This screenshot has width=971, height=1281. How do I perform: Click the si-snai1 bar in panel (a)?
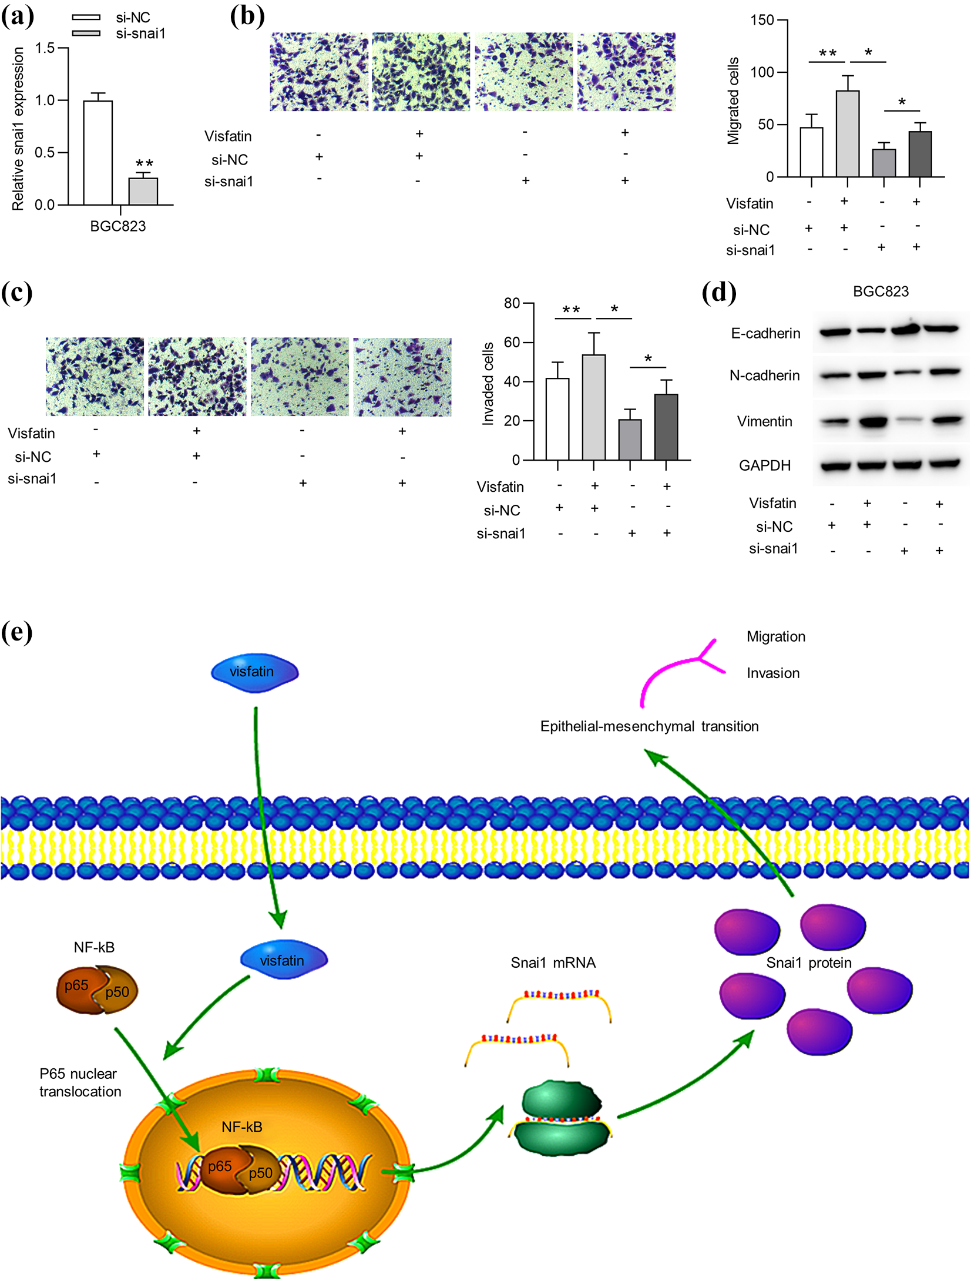point(143,191)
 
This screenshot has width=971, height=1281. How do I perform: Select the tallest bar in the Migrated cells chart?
point(848,133)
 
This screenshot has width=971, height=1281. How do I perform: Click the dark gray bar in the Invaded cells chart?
point(666,427)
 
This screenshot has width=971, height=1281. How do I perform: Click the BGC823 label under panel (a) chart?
point(118,226)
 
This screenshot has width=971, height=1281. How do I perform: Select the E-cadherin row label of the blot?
point(765,333)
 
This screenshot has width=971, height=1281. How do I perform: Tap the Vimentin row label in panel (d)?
point(765,421)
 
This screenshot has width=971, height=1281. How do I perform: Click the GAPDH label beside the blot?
point(765,465)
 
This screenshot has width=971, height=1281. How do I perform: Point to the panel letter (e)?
point(16,633)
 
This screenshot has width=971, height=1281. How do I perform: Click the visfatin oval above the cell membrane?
point(255,672)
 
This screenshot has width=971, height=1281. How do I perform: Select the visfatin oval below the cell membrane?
point(284,960)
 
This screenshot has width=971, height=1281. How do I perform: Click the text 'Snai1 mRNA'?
point(553,963)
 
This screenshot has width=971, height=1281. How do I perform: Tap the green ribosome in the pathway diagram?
point(562,1118)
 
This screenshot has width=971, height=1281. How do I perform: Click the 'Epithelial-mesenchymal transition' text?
point(650,726)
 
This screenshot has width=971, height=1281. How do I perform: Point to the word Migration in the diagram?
point(776,636)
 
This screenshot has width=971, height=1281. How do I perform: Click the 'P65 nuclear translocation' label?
point(80,1082)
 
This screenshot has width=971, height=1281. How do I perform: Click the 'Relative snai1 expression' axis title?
point(18,129)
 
